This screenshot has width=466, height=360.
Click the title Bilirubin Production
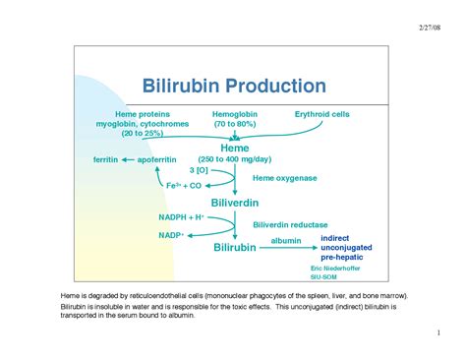point(234,86)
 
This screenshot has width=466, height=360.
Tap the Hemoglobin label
point(235,114)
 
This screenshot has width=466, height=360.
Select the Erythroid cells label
point(322,114)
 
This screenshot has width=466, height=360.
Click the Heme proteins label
point(143,114)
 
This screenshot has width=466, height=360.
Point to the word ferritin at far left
point(105,159)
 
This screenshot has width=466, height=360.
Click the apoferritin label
point(156,159)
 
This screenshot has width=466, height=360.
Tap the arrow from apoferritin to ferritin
point(128,160)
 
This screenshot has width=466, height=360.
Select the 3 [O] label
point(199,170)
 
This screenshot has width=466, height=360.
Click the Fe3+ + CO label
point(184,186)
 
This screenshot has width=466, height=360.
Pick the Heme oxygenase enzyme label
point(285,178)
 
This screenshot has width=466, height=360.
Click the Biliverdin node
point(235,203)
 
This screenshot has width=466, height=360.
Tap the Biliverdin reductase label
point(290,224)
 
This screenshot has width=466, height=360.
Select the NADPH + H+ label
point(181,217)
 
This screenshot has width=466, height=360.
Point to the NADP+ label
point(171,235)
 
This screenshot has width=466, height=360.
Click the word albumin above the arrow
point(286,241)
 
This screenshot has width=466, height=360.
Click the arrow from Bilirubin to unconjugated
point(288,248)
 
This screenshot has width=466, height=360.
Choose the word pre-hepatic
point(342,257)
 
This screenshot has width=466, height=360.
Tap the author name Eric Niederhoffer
point(335,269)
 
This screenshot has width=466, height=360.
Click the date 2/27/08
point(430,28)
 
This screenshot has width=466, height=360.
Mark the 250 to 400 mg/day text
point(235,159)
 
